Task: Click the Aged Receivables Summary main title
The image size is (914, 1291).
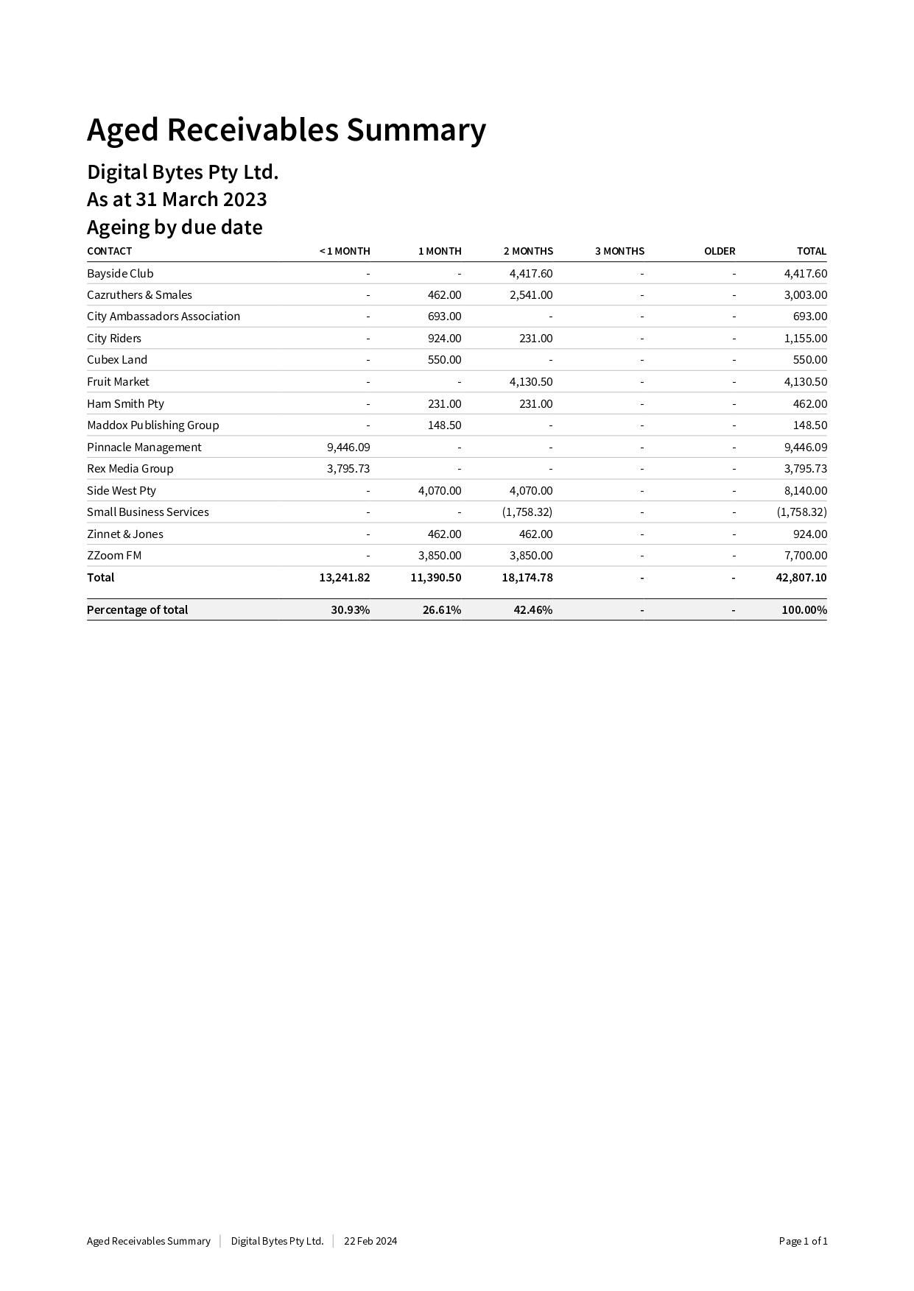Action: click(x=286, y=130)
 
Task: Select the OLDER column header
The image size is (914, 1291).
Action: click(x=719, y=251)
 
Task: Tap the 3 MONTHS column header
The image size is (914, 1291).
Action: click(x=619, y=251)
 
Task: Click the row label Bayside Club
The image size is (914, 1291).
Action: click(x=120, y=273)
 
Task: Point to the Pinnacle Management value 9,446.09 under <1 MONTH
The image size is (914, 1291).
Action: click(x=348, y=447)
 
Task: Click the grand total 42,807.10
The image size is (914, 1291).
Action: click(x=801, y=577)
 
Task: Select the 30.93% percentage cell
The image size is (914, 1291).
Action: click(x=351, y=609)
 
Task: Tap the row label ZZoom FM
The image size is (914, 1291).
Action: click(x=114, y=555)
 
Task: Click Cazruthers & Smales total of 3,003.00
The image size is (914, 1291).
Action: click(x=805, y=294)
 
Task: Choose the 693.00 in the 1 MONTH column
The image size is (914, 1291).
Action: click(x=444, y=316)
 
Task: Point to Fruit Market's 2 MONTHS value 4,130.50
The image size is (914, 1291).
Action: click(x=530, y=381)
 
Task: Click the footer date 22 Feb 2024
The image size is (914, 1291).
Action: click(x=370, y=1241)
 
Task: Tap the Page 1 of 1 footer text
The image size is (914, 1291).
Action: click(x=803, y=1241)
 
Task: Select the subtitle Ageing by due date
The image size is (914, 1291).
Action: click(x=175, y=227)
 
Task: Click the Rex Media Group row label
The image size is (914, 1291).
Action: click(x=130, y=468)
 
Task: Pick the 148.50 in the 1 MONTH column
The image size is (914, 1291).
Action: click(x=444, y=425)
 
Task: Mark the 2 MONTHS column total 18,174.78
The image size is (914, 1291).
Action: click(x=527, y=577)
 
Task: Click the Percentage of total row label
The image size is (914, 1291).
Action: click(x=137, y=609)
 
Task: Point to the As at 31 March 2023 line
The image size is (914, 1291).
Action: click(x=177, y=199)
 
